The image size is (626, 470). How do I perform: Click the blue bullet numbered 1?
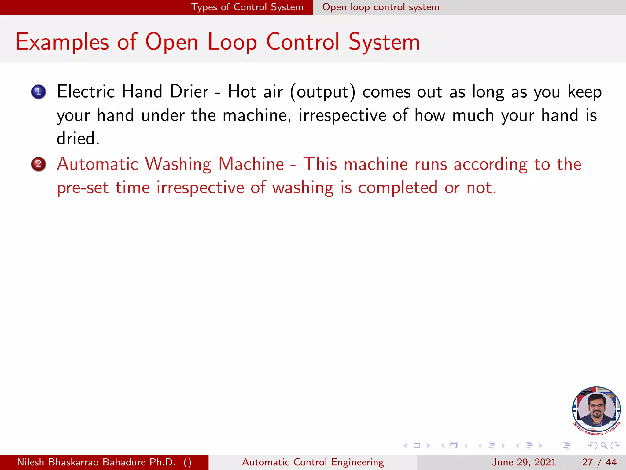pos(39,91)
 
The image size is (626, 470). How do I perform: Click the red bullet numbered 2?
pos(39,164)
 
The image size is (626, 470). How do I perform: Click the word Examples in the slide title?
pos(62,42)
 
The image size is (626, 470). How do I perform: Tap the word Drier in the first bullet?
pos(189,92)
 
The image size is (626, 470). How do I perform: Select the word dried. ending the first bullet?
pos(78,139)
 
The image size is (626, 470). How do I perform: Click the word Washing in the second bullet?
pos(178,164)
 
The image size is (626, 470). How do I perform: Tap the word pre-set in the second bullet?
pos(83,188)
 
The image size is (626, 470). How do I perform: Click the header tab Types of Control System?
pos(247,7)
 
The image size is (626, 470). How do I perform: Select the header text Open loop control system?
pos(381,7)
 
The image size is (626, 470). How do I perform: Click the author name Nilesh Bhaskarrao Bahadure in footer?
pos(96,462)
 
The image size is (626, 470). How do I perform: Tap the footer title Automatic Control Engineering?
pos(313,462)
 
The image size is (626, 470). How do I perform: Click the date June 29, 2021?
pos(524,462)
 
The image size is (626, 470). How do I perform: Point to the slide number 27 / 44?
pos(599,462)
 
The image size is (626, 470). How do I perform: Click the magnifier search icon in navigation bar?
pos(604,446)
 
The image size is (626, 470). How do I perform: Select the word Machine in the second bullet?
pos(251,164)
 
